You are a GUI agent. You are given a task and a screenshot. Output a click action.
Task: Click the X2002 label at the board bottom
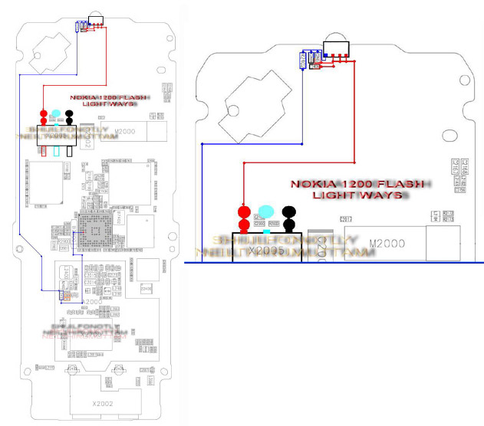pos(102,402)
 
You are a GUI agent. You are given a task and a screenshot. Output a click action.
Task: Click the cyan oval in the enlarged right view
pos(266,211)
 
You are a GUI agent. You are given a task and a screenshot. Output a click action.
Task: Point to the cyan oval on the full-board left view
pos(57,114)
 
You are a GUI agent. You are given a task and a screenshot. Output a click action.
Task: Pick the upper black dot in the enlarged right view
pos(289,211)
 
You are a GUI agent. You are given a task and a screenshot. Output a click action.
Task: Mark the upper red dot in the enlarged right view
pos(244,211)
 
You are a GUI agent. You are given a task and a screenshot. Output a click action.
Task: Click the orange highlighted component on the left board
pos(67,294)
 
